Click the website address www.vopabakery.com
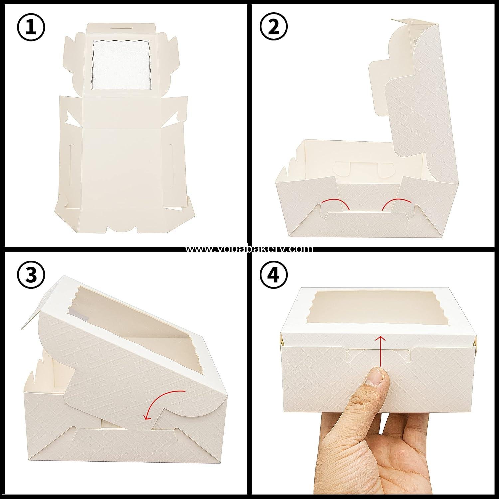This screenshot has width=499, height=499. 249,249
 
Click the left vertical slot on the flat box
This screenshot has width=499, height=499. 72,153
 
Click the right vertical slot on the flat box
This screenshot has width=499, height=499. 171,153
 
